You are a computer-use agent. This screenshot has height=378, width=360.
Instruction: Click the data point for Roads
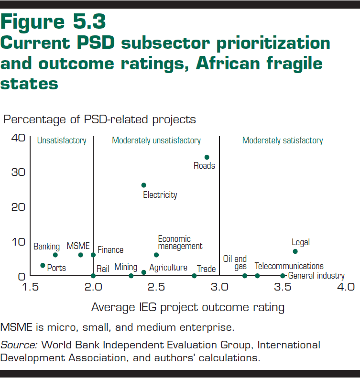(x=207, y=157)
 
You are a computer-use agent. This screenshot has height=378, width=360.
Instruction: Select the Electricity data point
(x=143, y=185)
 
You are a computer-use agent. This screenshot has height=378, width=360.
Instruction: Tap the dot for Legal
(x=295, y=251)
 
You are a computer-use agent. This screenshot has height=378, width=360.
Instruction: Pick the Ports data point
(x=43, y=265)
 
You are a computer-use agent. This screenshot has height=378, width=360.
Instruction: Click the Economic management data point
(x=156, y=255)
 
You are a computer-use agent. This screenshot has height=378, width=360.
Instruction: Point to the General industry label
(x=316, y=276)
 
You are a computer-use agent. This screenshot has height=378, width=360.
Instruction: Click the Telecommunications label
(x=289, y=266)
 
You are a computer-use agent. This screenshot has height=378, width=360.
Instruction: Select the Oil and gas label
(x=235, y=263)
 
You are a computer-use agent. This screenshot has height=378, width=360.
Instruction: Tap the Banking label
(x=46, y=247)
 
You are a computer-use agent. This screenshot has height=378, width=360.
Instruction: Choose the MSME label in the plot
(x=78, y=246)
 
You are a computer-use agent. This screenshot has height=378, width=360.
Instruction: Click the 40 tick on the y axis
(x=18, y=138)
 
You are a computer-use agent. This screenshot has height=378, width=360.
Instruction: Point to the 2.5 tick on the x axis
(x=156, y=287)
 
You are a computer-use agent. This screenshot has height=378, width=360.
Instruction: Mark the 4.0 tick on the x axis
(x=345, y=287)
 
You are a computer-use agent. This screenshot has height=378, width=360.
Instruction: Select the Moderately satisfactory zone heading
(x=283, y=140)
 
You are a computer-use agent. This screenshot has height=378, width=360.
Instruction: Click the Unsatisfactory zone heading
(x=62, y=140)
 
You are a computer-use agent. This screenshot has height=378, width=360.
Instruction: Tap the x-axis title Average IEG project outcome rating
(x=187, y=307)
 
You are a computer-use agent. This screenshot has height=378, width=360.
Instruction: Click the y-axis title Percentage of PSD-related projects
(x=99, y=119)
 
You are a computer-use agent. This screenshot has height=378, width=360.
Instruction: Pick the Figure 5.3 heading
(x=54, y=22)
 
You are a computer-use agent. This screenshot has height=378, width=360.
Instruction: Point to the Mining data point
(x=131, y=276)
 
